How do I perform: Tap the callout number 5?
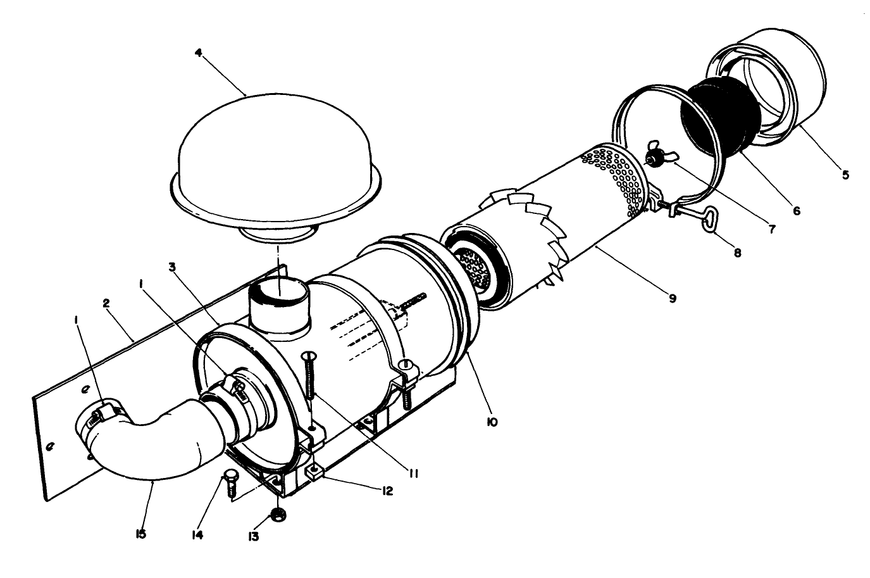click(845, 175)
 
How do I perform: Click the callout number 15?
click(140, 534)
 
